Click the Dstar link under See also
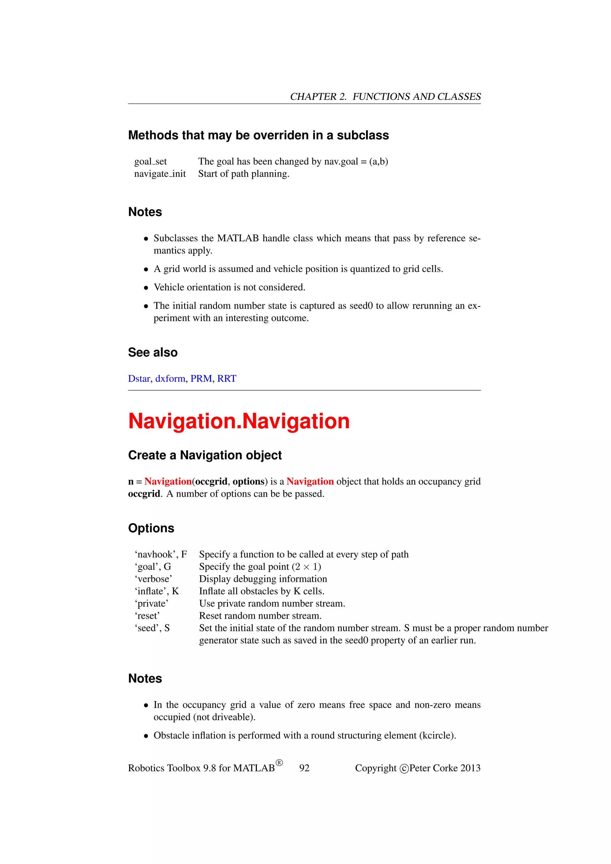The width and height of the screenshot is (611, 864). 139,379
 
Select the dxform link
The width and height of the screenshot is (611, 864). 170,379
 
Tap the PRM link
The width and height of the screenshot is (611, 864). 201,379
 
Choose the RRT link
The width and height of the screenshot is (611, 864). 226,379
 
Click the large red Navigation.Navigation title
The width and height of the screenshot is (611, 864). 239,421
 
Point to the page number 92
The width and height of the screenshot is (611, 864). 304,768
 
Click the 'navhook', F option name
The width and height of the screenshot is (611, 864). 161,554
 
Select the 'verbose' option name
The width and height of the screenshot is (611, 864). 153,579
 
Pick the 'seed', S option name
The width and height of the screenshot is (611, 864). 152,628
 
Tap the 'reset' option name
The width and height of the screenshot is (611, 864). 147,616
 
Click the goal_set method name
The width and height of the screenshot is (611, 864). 150,162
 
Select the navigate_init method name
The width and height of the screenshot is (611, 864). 160,174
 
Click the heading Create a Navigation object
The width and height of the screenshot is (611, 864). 205,455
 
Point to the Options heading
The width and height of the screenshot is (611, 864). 151,528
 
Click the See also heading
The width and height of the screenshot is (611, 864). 152,352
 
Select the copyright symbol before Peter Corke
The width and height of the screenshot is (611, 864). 404,769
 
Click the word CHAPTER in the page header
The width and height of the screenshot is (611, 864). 313,97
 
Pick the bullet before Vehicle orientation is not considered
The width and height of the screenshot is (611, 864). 146,288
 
